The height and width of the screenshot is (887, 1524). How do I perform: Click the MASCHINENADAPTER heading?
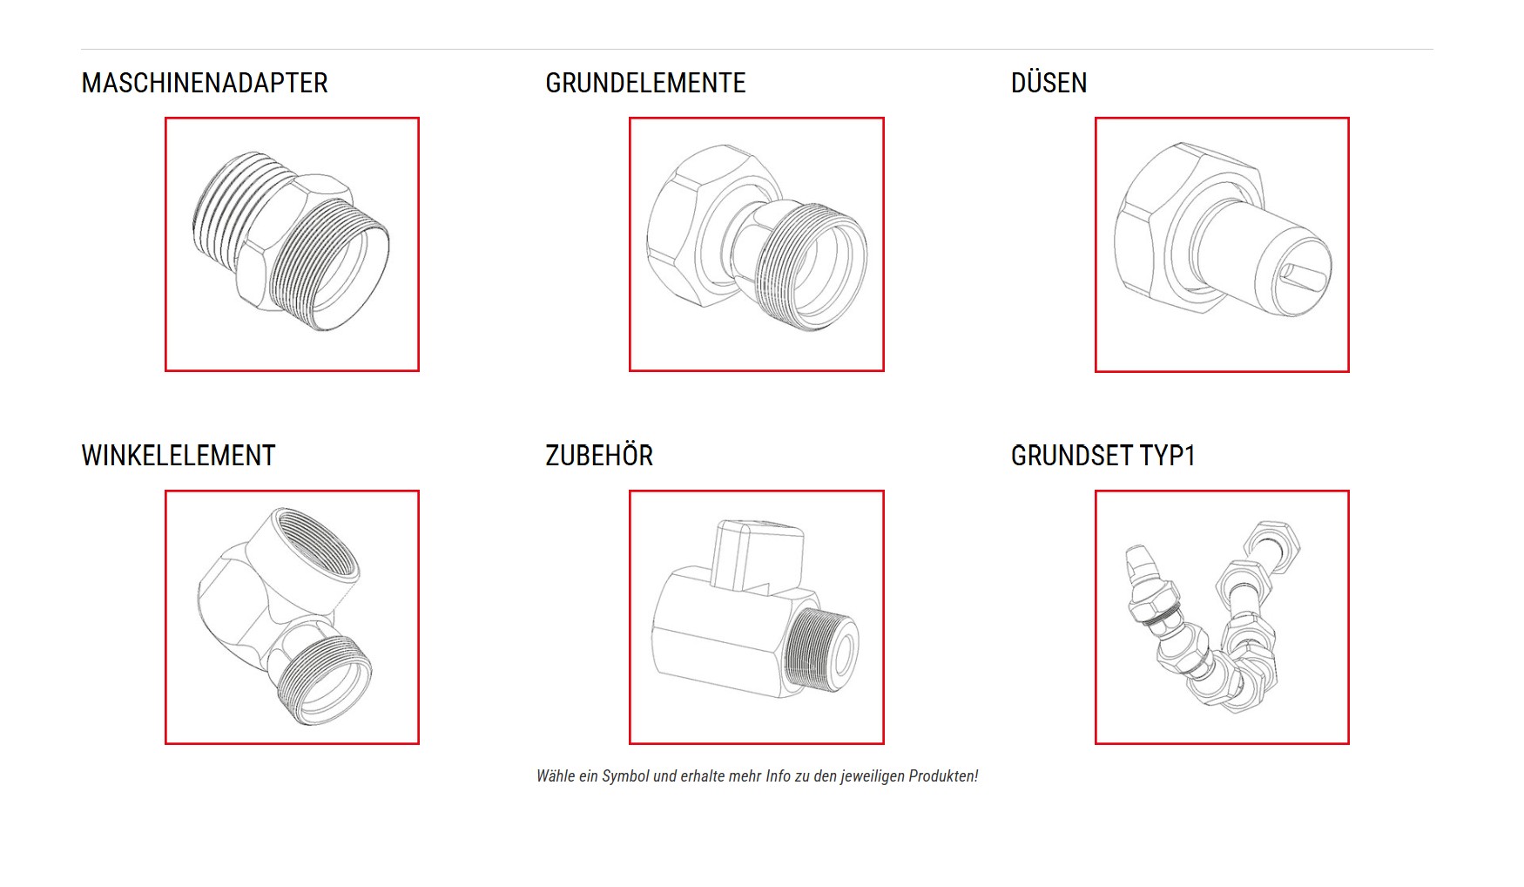(205, 83)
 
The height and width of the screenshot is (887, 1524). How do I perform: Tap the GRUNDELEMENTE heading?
(645, 83)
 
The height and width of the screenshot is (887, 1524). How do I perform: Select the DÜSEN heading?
(1049, 83)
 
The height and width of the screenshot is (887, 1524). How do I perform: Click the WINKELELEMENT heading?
(179, 456)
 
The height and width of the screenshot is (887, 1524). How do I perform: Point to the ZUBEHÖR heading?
(599, 456)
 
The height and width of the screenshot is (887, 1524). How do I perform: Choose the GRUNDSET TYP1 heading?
(1103, 456)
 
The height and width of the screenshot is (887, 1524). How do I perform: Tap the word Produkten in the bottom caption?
(943, 775)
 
